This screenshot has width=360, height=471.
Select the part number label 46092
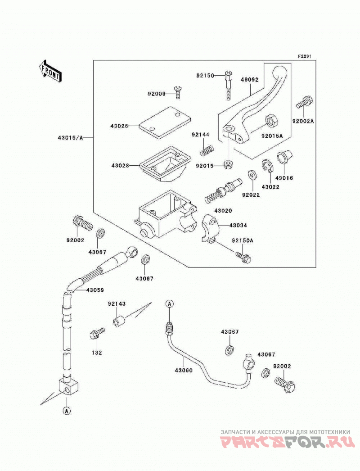(x=249, y=80)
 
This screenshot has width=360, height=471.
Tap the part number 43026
(x=119, y=126)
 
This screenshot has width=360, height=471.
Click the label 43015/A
(x=70, y=138)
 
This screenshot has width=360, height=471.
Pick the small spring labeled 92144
(x=207, y=150)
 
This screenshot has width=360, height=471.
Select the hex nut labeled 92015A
(x=272, y=121)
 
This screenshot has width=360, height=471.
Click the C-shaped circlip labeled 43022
(x=266, y=167)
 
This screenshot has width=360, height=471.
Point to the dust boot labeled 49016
(x=284, y=156)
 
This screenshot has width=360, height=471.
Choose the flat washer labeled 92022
(x=251, y=175)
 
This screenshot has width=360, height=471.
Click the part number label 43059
(x=95, y=290)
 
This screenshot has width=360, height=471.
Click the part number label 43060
(x=184, y=371)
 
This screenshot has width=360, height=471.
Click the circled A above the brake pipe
(x=170, y=303)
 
